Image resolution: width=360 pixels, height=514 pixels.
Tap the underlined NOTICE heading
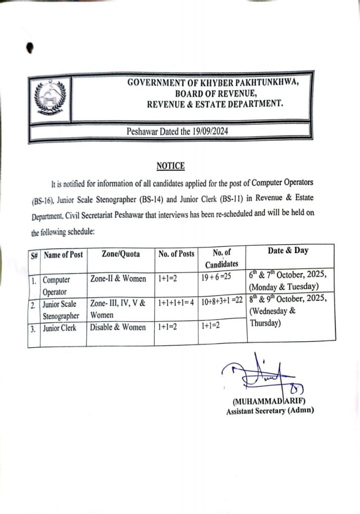click(171, 166)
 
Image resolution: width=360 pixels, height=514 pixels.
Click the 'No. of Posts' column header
click(176, 254)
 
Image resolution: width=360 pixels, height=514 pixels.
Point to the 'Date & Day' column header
click(288, 251)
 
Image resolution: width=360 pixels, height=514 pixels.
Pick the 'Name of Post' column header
click(63, 254)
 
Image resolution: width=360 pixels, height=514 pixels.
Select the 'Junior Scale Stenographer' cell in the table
click(61, 310)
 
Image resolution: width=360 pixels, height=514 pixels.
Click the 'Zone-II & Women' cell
click(118, 279)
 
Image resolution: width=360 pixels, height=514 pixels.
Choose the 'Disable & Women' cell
click(118, 327)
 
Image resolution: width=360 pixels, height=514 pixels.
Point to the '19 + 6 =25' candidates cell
click(219, 277)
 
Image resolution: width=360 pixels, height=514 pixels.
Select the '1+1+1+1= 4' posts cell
click(176, 303)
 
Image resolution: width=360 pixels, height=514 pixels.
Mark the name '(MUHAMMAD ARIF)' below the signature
click(269, 402)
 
